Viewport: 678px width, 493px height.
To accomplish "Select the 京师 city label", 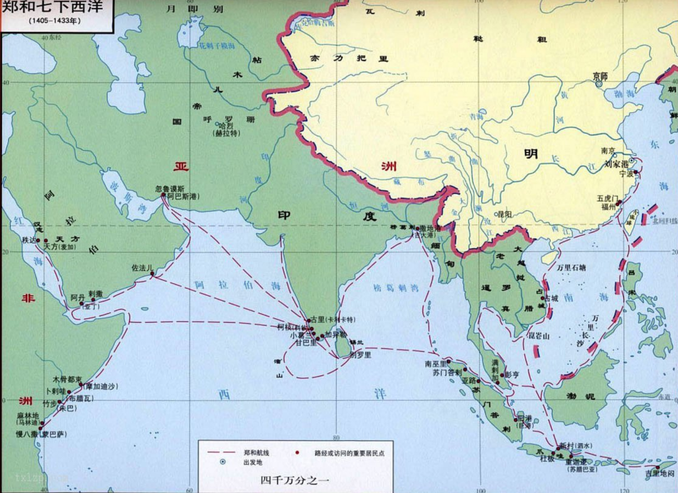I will [600, 75].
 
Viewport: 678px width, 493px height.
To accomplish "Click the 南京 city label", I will [608, 151].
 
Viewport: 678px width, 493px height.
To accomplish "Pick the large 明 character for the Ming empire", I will [531, 154].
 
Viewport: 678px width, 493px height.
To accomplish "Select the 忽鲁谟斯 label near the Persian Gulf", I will [170, 188].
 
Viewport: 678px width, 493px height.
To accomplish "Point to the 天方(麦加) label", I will [60, 247].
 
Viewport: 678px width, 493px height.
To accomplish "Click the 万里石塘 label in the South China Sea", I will [571, 267].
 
